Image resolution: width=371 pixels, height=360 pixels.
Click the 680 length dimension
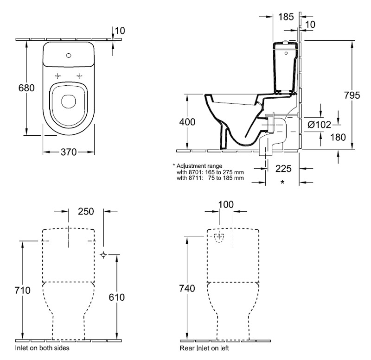(x=26, y=88)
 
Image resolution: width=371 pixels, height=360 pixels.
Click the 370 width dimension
(x=69, y=152)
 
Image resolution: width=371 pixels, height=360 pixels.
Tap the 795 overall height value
(x=352, y=95)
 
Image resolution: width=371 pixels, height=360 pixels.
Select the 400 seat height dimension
(x=187, y=122)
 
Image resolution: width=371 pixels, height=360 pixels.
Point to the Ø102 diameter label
(x=319, y=125)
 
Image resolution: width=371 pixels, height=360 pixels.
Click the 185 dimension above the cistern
(x=286, y=17)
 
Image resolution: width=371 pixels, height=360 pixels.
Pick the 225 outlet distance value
(x=283, y=169)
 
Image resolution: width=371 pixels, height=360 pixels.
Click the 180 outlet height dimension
(x=338, y=137)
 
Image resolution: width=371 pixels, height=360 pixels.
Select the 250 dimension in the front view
(x=86, y=211)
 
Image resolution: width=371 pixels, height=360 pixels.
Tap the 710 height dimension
(x=22, y=290)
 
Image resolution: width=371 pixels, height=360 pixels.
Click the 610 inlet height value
(x=117, y=297)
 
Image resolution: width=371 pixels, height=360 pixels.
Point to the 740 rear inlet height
(x=187, y=288)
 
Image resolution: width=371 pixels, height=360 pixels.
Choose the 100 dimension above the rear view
(x=226, y=204)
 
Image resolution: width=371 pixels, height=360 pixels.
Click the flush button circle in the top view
(x=69, y=56)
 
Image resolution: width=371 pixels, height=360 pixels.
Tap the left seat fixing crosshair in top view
(x=58, y=76)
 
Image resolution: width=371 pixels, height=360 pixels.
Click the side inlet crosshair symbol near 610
(x=103, y=254)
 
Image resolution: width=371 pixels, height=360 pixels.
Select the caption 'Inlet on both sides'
(x=42, y=348)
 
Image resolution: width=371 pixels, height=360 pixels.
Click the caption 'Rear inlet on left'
(x=204, y=348)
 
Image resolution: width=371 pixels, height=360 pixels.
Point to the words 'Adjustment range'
(x=199, y=166)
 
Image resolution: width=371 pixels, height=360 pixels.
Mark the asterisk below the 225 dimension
(x=282, y=182)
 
